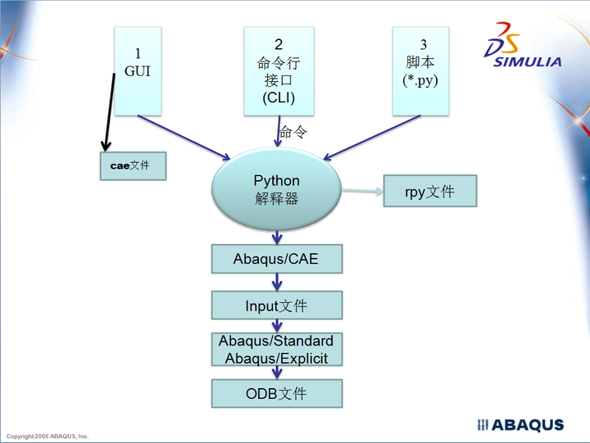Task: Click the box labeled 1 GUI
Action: pos(137,70)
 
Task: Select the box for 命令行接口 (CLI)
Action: pos(279,70)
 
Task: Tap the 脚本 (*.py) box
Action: pos(421,70)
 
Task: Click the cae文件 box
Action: pos(133,165)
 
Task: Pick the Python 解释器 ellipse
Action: pos(276,189)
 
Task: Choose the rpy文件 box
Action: pos(429,192)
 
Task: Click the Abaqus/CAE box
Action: pos(276,260)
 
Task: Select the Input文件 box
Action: pos(276,306)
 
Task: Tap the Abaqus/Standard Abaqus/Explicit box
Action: pos(276,350)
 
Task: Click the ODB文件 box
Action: pos(276,394)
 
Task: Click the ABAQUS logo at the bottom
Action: pos(520,425)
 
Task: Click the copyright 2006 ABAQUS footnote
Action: pos(48,436)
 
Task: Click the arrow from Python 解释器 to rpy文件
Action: pos(361,192)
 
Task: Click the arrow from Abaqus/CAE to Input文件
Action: pos(277,282)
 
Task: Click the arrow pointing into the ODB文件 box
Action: pos(277,372)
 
